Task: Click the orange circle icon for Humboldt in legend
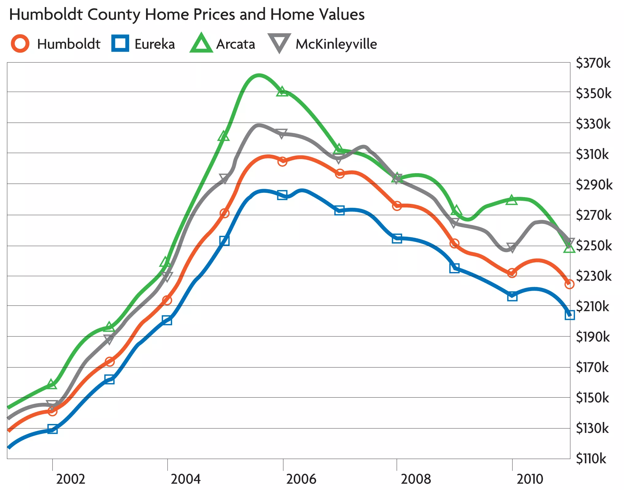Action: (20, 44)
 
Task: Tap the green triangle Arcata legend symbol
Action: (201, 44)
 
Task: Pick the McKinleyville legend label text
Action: (336, 44)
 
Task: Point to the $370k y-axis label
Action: (593, 63)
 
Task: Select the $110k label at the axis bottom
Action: (591, 459)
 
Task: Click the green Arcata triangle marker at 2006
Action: (282, 92)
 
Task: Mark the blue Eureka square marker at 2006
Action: (282, 195)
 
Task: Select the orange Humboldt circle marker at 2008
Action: (397, 206)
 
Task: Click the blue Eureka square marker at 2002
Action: (52, 429)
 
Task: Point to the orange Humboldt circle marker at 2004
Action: (167, 300)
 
